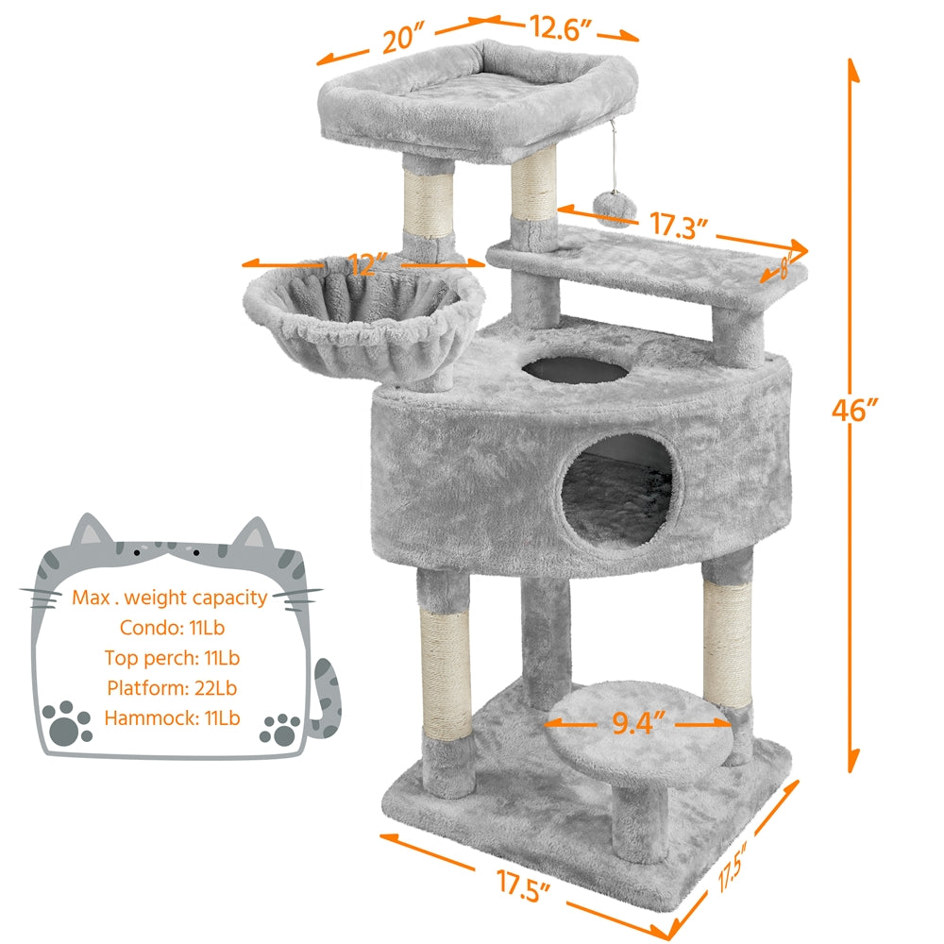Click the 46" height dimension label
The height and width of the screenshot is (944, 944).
pos(856,412)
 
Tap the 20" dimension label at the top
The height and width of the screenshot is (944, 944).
pos(401,41)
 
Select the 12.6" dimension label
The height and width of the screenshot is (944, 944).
pos(561,27)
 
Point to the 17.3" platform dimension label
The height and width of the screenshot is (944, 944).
pos(677,227)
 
